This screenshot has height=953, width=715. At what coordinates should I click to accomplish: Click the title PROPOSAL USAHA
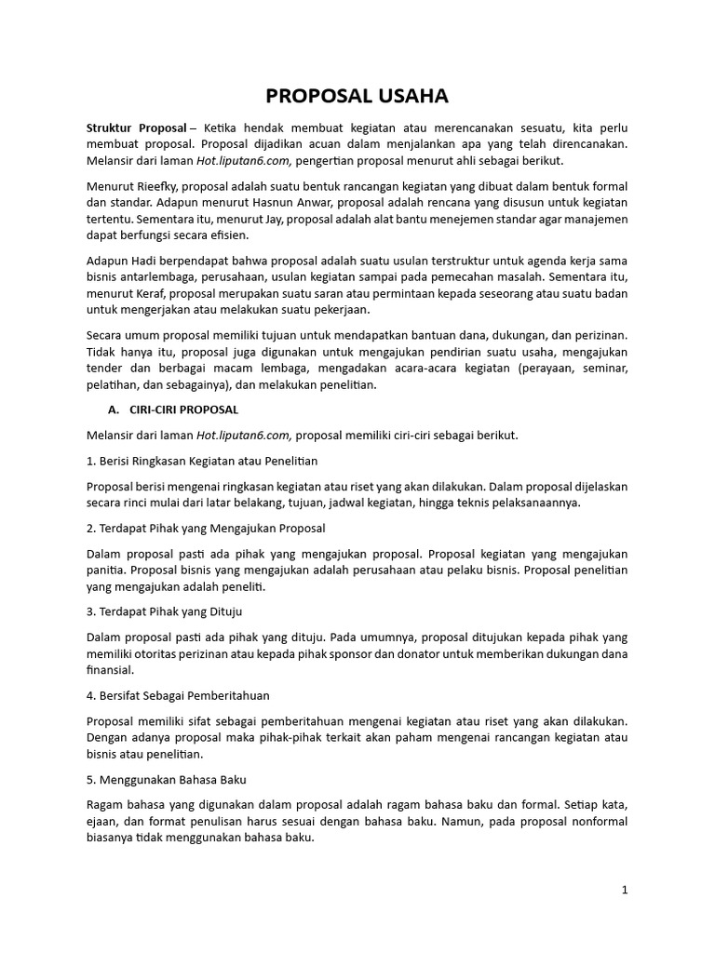coord(357,96)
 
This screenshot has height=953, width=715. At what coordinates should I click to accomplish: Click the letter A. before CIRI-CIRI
coord(115,409)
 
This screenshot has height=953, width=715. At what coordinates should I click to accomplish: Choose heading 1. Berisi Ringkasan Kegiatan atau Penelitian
coord(202,461)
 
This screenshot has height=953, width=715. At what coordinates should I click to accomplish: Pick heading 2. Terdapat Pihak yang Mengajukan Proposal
coord(205,529)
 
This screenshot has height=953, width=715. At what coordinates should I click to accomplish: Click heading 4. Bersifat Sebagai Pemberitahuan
coord(178,695)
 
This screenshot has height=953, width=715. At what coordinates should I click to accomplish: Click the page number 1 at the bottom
coord(625,890)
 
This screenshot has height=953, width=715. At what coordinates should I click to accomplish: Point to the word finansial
coord(111,669)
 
